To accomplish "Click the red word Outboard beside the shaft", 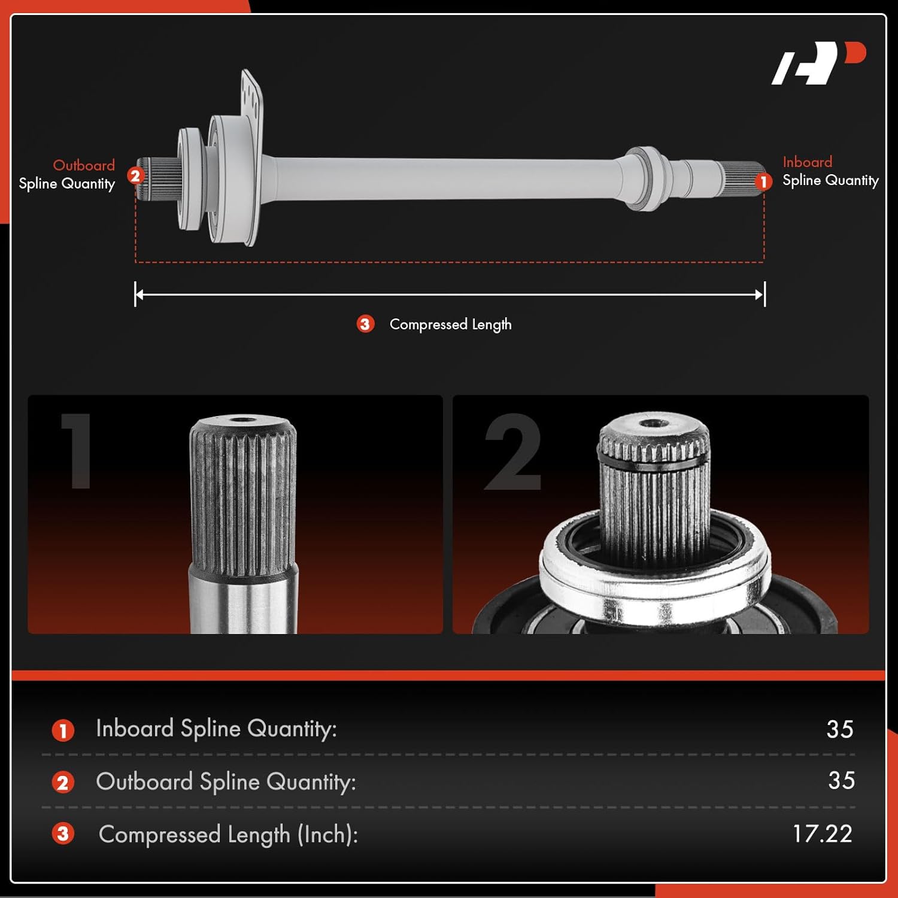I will point(84,165).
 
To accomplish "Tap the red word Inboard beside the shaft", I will point(807,162).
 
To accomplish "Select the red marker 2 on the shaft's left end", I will point(135,175).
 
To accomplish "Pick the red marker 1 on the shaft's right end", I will point(763,181).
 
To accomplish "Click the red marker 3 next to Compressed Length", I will point(365,324).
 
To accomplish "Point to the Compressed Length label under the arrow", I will point(450,324).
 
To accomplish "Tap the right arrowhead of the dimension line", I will point(761,295).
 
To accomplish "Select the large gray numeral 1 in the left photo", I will point(77,450).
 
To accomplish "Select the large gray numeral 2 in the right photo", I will point(513,452).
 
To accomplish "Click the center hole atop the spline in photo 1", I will point(242,420).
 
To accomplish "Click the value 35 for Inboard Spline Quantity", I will point(839,729).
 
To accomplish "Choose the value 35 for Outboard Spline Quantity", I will point(841,781).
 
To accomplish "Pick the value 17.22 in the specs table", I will point(822,833).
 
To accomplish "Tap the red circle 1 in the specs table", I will point(63,730).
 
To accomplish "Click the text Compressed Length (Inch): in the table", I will point(228,835).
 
